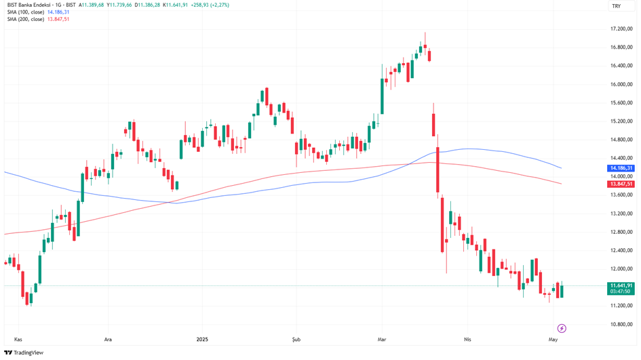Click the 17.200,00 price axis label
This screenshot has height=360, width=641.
coord(621,29)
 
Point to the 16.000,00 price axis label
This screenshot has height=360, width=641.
coord(621,85)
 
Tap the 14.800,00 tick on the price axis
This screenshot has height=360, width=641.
coord(621,140)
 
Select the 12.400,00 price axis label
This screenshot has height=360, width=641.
coord(621,251)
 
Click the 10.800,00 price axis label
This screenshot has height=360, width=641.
coord(621,324)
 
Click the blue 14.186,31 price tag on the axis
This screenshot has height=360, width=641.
coord(621,168)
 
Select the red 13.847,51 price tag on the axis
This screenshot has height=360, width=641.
coord(621,184)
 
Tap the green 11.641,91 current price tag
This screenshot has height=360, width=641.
coord(621,285)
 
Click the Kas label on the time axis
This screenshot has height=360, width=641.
coord(18,338)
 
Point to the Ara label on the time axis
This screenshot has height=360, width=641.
coord(107,338)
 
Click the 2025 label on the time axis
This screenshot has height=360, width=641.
coord(201,338)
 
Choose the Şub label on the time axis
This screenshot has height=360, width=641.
coord(295,338)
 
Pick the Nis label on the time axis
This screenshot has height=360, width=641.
coord(467,338)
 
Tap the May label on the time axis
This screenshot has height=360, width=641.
coord(553,338)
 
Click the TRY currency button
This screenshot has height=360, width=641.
coord(616,6)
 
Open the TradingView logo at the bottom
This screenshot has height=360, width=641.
coord(24,353)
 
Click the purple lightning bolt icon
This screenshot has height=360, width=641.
coord(562,328)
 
